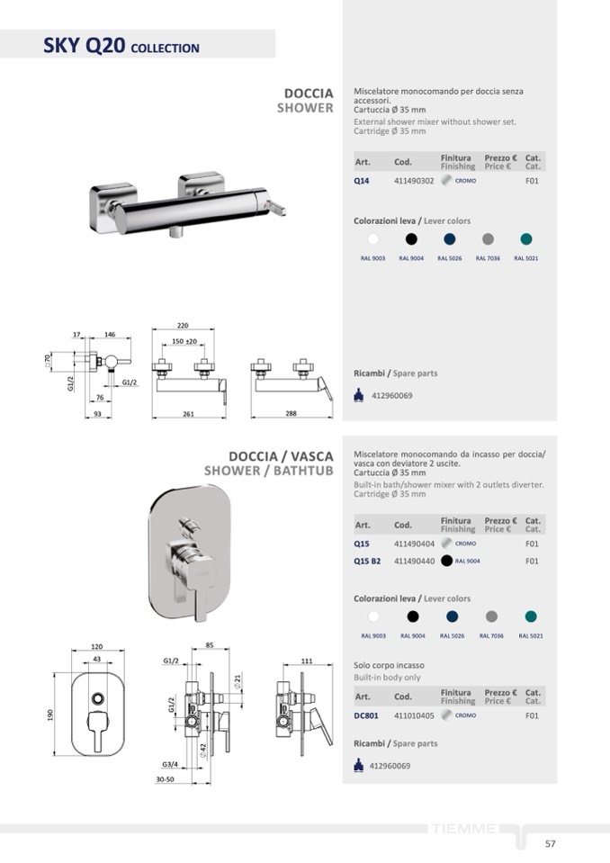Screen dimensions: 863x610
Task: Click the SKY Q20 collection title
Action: coord(121,46)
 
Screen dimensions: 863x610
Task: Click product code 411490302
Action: coord(414,181)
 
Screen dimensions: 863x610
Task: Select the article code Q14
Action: coord(362,181)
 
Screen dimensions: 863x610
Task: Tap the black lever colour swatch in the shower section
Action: coord(411,238)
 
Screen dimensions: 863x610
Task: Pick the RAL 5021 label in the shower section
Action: coord(526,258)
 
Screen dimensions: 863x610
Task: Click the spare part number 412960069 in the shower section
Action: coord(392,395)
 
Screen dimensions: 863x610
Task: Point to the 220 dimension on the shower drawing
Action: coord(183,325)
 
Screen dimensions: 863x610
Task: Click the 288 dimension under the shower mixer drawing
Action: coord(292,413)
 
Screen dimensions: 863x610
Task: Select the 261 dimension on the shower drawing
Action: coord(189,413)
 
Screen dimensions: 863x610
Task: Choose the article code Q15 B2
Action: coord(367,561)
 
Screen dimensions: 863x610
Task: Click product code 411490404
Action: coord(414,544)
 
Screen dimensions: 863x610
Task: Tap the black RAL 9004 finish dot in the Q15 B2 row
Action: coord(446,561)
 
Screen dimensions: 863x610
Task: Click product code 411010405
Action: coord(414,716)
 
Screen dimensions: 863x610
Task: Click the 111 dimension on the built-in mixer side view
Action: coord(307,661)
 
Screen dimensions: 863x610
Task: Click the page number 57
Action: coord(550,843)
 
